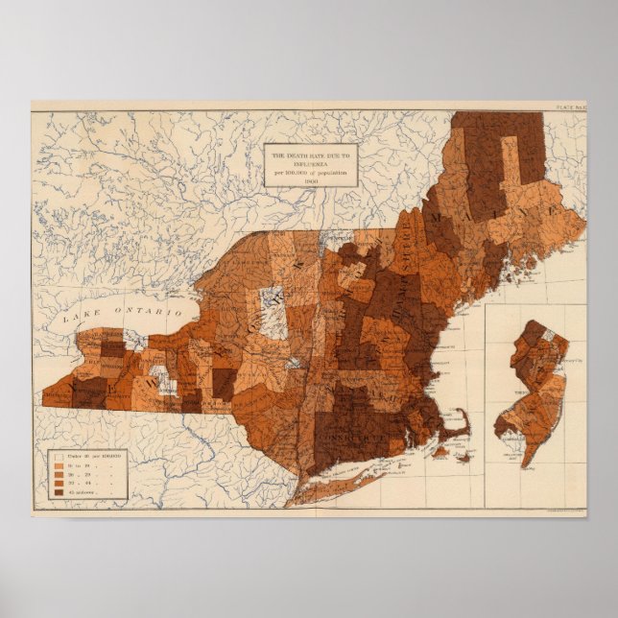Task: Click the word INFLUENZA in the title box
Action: click(x=285, y=163)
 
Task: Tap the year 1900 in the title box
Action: click(x=310, y=179)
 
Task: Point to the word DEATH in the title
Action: click(x=300, y=155)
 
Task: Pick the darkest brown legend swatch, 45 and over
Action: click(x=59, y=492)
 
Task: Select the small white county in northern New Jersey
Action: click(x=552, y=336)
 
